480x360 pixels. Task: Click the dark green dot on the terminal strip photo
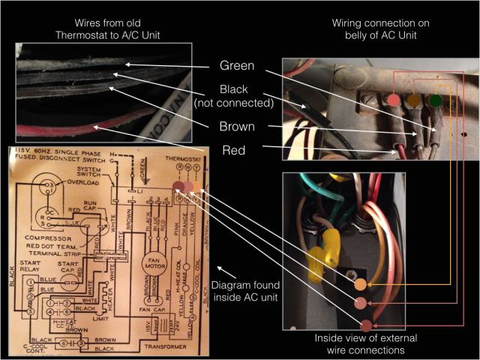(434, 99)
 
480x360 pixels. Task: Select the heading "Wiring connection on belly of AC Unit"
(381, 28)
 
